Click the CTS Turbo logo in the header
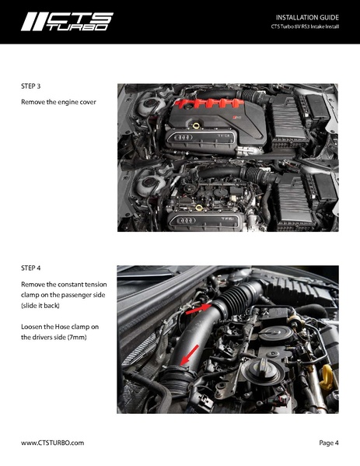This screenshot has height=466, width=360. point(67,21)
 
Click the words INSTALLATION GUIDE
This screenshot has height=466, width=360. point(307,17)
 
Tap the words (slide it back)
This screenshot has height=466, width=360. point(44,307)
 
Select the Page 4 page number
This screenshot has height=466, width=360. point(328,442)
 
